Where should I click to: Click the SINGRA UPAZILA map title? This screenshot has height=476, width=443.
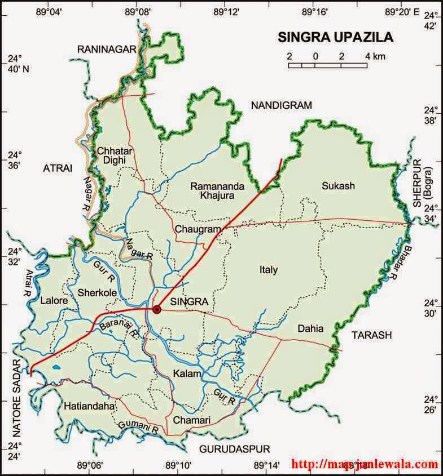tap(336, 38)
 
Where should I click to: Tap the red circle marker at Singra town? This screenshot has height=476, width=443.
tap(157, 309)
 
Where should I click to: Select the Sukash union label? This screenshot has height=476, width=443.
tap(336, 185)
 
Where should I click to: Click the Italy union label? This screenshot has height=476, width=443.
tap(269, 270)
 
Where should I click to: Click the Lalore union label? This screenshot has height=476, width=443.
tap(54, 301)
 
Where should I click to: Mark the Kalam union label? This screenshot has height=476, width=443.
tap(185, 374)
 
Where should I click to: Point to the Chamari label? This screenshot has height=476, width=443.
tap(192, 420)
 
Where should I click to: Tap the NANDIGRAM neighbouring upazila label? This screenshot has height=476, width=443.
tap(281, 105)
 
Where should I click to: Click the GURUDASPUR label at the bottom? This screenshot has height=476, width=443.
tap(234, 449)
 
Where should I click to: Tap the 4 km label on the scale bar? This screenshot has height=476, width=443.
tap(375, 56)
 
